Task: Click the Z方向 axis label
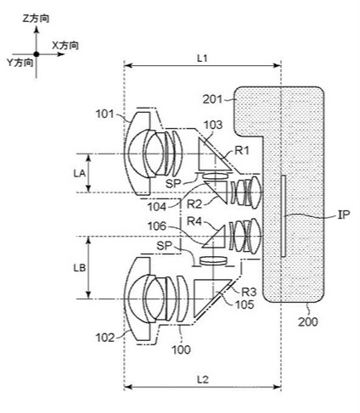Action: pyautogui.click(x=36, y=19)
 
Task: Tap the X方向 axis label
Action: pyautogui.click(x=65, y=45)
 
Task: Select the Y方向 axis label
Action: pyautogui.click(x=20, y=63)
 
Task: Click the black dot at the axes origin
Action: pyautogui.click(x=37, y=54)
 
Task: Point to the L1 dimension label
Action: pyautogui.click(x=202, y=59)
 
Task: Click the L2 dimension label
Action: pyautogui.click(x=202, y=380)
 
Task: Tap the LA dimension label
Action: pyautogui.click(x=79, y=173)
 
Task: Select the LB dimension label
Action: pyautogui.click(x=80, y=268)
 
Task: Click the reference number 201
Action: pyautogui.click(x=212, y=99)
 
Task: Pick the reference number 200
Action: pyautogui.click(x=308, y=321)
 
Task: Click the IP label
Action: pyautogui.click(x=344, y=215)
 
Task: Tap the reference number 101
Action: pyautogui.click(x=104, y=114)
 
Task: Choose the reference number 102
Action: pyautogui.click(x=105, y=338)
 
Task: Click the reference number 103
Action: pyautogui.click(x=213, y=125)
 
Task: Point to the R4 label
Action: pyautogui.click(x=194, y=221)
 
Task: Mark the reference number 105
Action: pyautogui.click(x=245, y=304)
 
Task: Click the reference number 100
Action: pyautogui.click(x=182, y=349)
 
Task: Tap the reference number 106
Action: pyautogui.click(x=157, y=226)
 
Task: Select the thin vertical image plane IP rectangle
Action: pyautogui.click(x=284, y=216)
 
